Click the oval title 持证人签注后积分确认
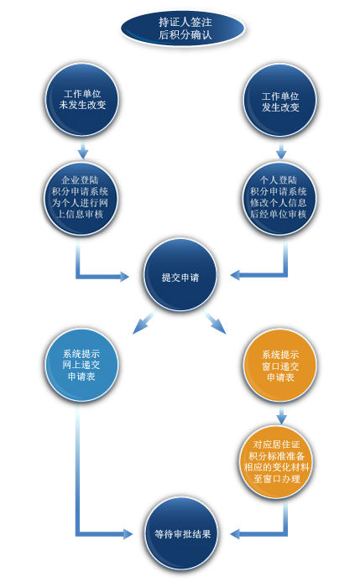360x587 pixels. [183, 29]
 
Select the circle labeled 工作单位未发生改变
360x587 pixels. [81, 100]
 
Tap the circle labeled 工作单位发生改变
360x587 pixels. [279, 101]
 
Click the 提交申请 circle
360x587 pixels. [180, 275]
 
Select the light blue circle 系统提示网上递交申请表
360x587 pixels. [81, 365]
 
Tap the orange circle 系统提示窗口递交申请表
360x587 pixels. [279, 366]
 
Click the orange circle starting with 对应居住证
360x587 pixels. [277, 462]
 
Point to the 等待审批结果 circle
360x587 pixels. [182, 534]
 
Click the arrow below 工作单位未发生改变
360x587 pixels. [83, 149]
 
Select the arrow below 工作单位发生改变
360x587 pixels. [281, 149]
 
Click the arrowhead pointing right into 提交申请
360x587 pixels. [124, 277]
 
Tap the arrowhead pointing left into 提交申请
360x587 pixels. [235, 276]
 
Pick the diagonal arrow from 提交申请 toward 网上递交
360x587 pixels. [144, 321]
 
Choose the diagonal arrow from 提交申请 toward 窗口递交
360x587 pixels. [215, 321]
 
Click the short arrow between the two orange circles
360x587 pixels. [281, 414]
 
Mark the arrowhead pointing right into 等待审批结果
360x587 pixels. [128, 534]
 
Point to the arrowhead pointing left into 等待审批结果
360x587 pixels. [235, 534]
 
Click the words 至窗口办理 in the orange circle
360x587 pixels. [277, 479]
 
